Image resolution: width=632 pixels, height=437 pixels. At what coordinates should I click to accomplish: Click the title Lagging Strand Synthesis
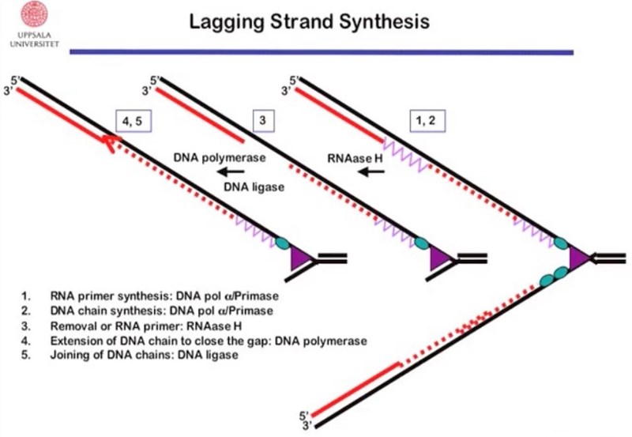point(310,21)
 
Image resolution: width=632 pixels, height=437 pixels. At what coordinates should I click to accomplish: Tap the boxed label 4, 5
point(133,120)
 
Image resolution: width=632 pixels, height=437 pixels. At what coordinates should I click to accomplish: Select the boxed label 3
point(261,120)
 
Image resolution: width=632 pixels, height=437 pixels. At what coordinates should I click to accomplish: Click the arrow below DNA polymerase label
point(232,171)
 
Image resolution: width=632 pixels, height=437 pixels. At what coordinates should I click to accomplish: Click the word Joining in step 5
point(74,355)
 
